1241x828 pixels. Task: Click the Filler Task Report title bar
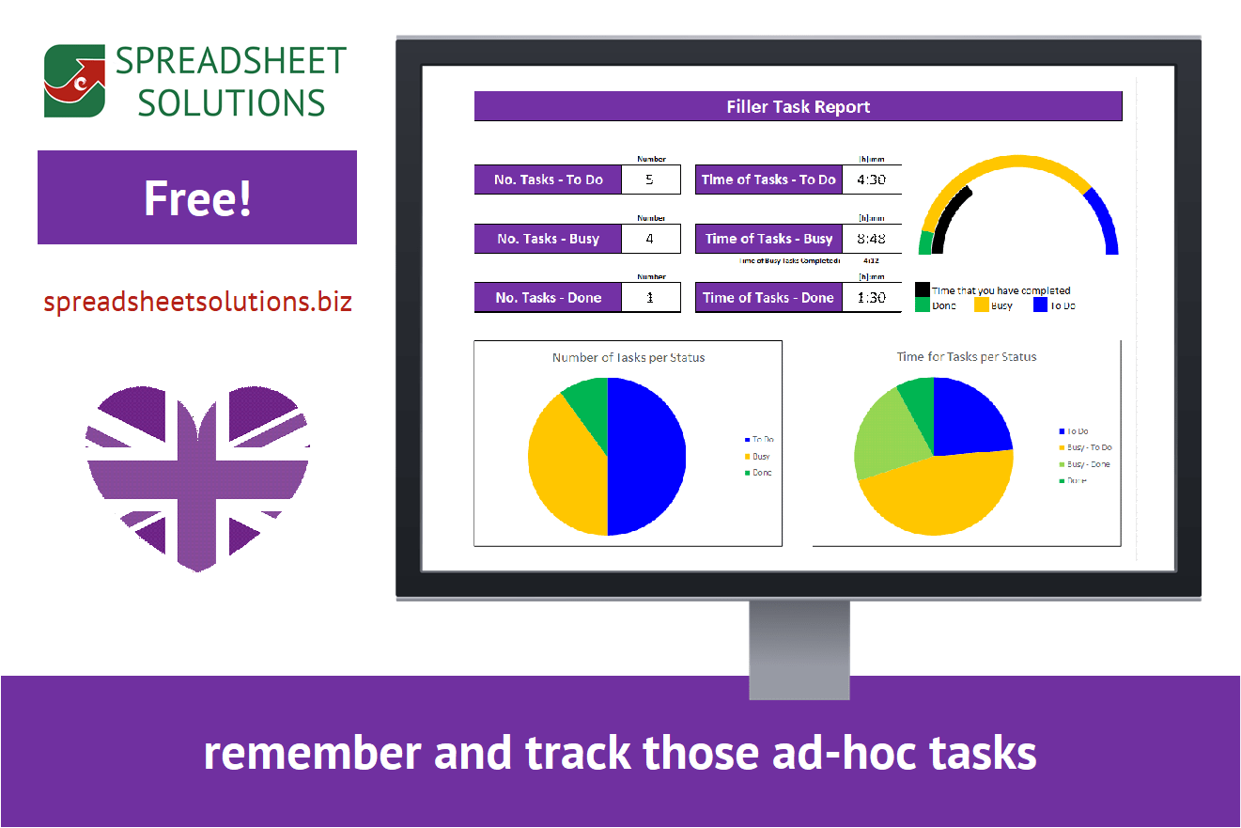(x=798, y=106)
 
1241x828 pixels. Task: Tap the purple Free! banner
(x=197, y=197)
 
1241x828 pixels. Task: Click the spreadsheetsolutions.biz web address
(x=197, y=302)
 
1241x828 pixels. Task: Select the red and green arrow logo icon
(x=74, y=81)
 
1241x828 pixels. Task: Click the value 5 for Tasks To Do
(x=650, y=179)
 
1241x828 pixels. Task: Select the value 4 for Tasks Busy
(x=650, y=238)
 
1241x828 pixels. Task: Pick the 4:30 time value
(x=871, y=179)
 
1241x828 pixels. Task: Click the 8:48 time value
(x=871, y=238)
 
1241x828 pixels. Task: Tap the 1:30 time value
(x=871, y=297)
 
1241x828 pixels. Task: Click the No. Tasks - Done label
(x=548, y=297)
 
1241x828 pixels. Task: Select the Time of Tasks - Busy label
(x=768, y=238)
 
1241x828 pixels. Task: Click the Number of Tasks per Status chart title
(x=628, y=357)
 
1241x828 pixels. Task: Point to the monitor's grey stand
(x=799, y=648)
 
